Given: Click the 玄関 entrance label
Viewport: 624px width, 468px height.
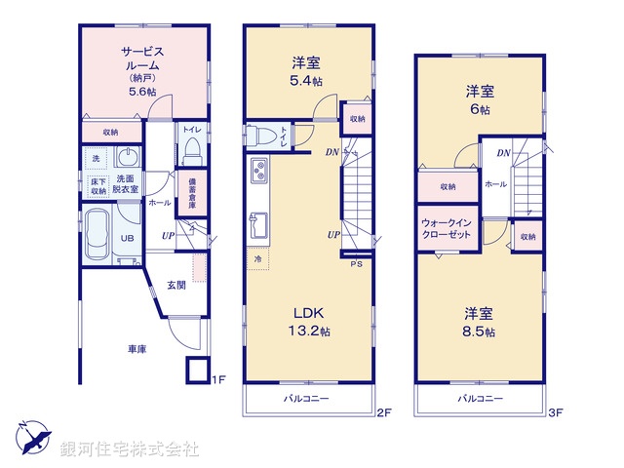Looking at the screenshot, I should point(175,285).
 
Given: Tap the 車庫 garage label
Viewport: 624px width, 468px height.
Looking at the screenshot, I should point(136,348).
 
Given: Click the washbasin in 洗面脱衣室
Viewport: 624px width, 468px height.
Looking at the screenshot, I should point(128,158).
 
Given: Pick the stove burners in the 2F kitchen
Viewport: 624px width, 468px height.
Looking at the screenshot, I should point(260,172).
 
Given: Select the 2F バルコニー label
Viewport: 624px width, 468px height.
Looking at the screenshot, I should point(307,400).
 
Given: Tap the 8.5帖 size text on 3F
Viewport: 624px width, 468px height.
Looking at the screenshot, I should point(478,331).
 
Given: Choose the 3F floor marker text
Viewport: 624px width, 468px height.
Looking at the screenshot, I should point(556,412).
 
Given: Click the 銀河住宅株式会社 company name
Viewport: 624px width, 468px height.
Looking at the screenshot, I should point(130,449).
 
